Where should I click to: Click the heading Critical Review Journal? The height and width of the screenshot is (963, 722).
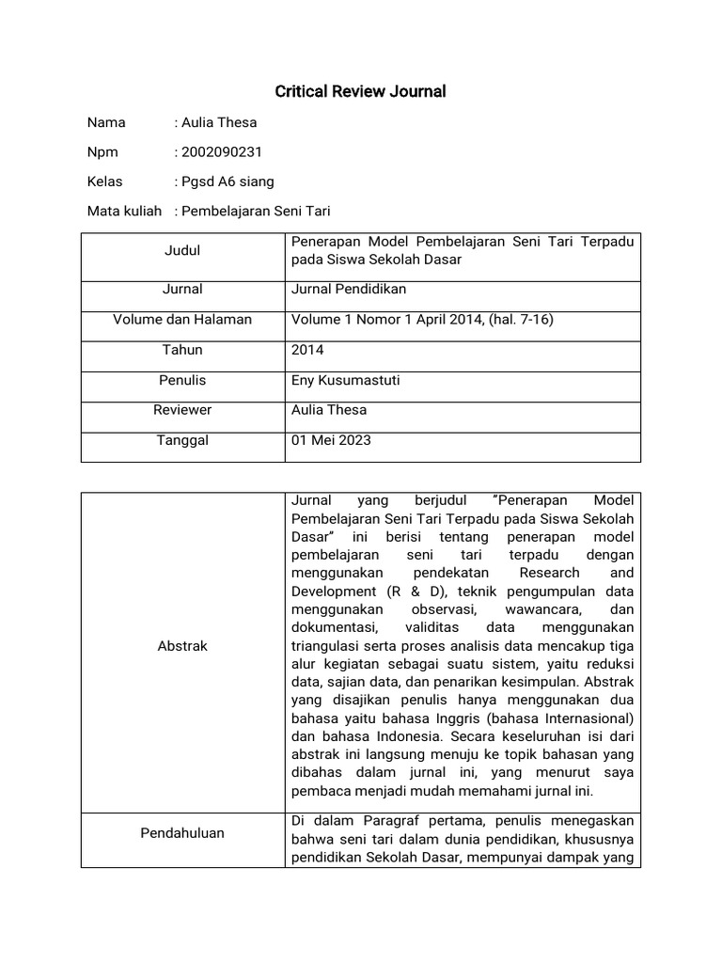360,91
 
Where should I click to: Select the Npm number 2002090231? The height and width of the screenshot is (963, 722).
222,151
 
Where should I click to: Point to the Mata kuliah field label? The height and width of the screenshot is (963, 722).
124,211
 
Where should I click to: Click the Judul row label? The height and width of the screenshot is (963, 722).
182,250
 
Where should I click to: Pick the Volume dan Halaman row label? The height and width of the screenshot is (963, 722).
182,319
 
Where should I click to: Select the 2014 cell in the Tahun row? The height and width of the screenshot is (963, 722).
307,349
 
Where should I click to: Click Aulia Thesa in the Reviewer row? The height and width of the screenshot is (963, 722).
329,410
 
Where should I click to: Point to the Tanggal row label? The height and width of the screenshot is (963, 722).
182,440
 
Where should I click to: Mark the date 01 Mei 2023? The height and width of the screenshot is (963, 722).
331,440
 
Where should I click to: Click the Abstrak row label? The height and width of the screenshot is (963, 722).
182,646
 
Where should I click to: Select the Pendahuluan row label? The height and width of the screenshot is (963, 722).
182,832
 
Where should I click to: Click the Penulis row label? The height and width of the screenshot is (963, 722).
182,380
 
